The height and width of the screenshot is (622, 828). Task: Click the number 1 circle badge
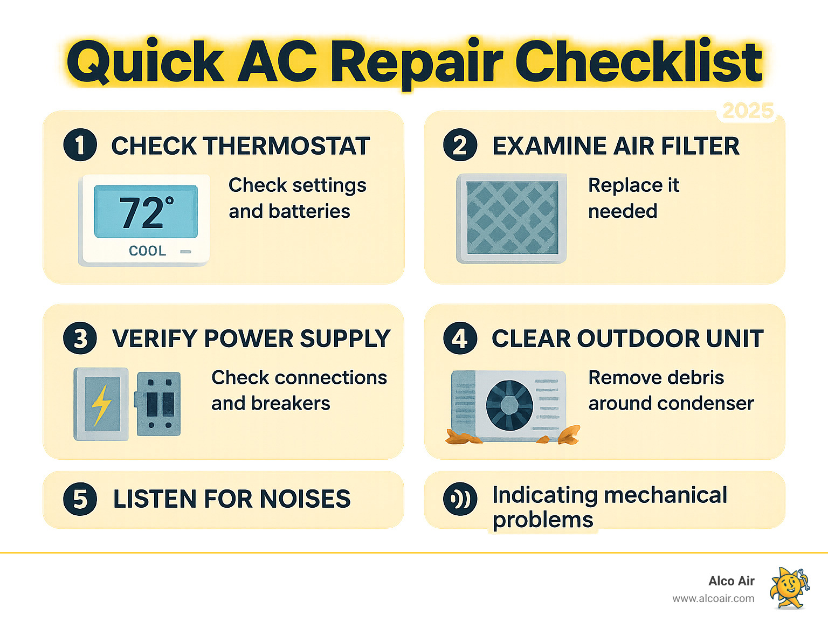pyautogui.click(x=80, y=146)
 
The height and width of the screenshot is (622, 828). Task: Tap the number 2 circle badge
pyautogui.click(x=460, y=146)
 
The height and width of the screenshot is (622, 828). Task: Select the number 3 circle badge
pyautogui.click(x=80, y=338)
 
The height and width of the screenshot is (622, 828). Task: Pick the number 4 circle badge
pyautogui.click(x=460, y=338)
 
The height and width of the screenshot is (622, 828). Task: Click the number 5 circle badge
pyautogui.click(x=80, y=499)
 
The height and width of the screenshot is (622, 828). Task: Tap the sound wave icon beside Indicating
pyautogui.click(x=460, y=499)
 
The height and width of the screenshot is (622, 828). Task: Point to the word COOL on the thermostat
pyautogui.click(x=147, y=251)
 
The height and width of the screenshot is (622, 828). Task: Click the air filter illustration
pyautogui.click(x=512, y=218)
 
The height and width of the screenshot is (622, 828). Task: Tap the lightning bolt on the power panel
pyautogui.click(x=101, y=404)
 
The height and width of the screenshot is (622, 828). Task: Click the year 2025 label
pyautogui.click(x=748, y=111)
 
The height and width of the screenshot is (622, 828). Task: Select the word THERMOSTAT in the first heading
pyautogui.click(x=287, y=146)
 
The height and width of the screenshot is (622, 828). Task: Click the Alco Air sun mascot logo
pyautogui.click(x=789, y=588)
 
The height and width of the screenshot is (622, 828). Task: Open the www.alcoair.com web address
pyautogui.click(x=713, y=598)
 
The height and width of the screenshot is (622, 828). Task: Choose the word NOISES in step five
pyautogui.click(x=305, y=499)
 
